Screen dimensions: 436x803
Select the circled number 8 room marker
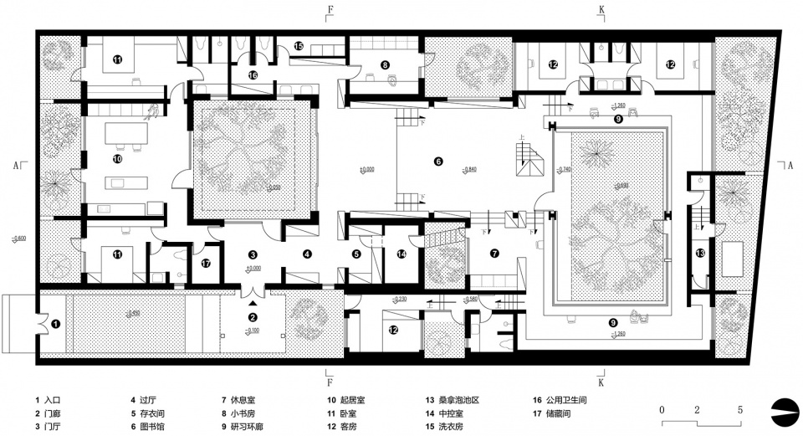385,64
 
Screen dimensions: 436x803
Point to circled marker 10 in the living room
118,158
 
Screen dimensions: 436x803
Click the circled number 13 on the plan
700,253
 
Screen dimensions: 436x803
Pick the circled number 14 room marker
401,254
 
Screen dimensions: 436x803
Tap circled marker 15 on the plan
299,47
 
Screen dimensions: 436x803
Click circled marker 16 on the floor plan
253,75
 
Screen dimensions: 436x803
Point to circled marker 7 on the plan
494,254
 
